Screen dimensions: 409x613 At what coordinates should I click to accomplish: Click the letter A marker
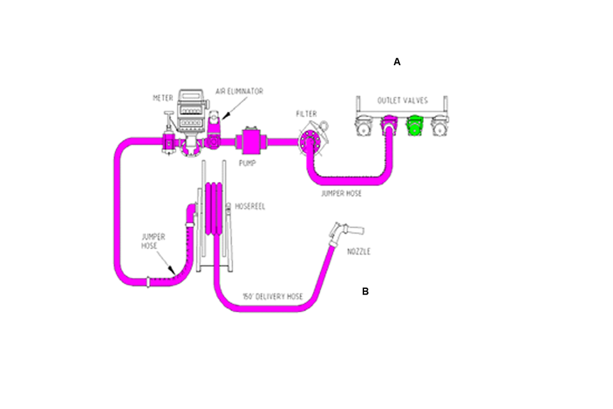397,62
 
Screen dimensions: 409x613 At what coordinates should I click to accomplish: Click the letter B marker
365,291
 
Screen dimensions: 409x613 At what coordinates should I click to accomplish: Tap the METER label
163,98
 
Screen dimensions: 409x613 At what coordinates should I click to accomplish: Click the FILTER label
306,114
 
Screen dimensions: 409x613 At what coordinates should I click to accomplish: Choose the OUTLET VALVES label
402,100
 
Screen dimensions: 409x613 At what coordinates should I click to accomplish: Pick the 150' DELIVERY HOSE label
272,297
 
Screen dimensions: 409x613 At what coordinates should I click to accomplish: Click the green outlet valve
416,127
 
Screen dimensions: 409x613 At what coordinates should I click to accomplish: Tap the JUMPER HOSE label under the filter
341,193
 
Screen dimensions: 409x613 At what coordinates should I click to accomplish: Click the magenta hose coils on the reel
214,204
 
